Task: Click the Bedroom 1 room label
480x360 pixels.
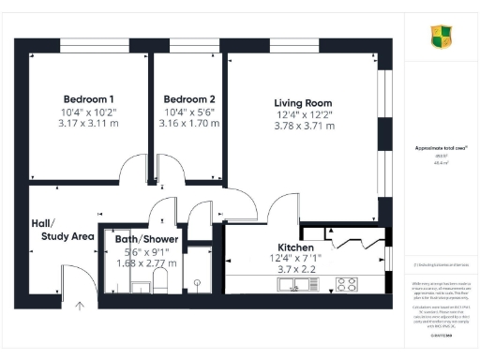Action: pyautogui.click(x=89, y=99)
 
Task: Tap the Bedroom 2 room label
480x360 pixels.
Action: pyautogui.click(x=188, y=99)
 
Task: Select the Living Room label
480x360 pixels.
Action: pyautogui.click(x=303, y=103)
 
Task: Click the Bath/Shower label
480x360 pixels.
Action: pyautogui.click(x=145, y=239)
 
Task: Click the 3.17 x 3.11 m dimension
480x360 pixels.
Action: pyautogui.click(x=89, y=123)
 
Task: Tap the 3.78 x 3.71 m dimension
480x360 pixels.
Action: pyautogui.click(x=303, y=126)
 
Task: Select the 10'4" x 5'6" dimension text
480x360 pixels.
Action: pyautogui.click(x=188, y=112)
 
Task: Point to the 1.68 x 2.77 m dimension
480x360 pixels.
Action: pyautogui.click(x=145, y=263)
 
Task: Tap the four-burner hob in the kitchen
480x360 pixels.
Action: pyautogui.click(x=346, y=283)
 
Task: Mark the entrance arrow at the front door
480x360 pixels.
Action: pyautogui.click(x=80, y=304)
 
